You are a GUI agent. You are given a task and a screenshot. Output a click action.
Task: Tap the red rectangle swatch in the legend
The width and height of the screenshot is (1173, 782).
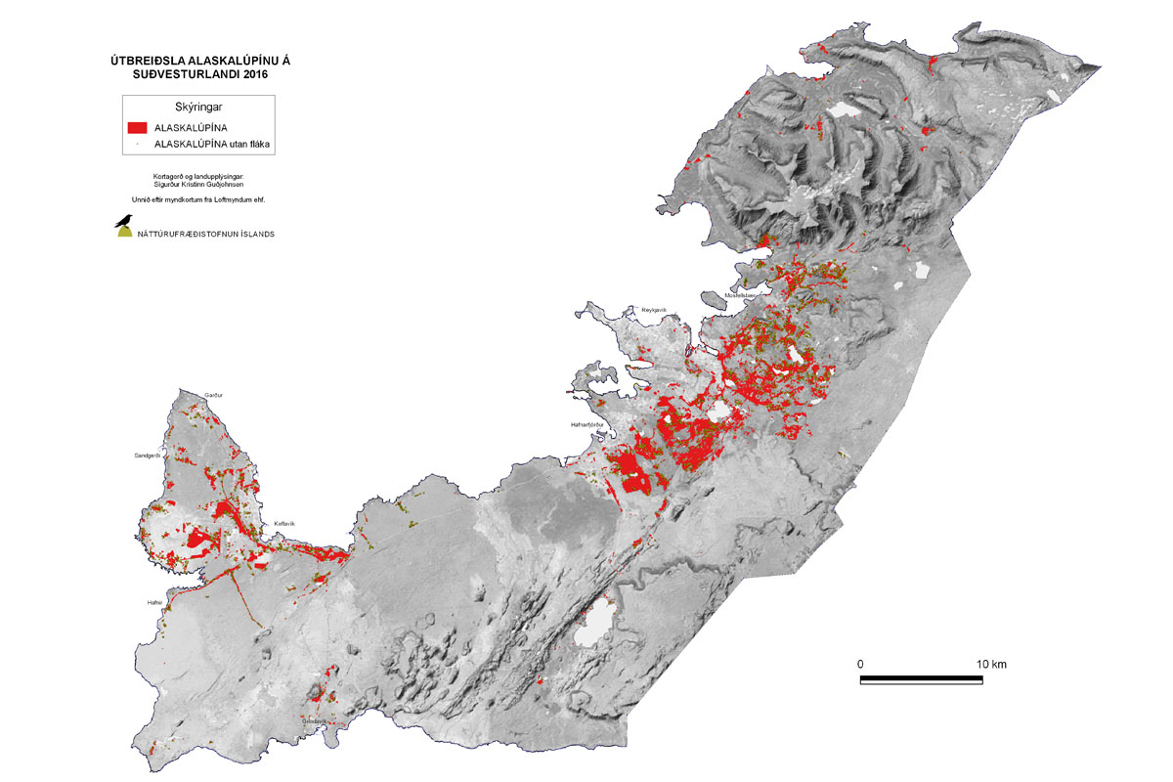(x=137, y=127)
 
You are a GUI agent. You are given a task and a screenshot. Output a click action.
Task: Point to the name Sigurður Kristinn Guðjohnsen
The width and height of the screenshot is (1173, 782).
(x=198, y=183)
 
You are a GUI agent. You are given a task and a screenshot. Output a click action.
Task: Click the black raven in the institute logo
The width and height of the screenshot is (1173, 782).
(x=123, y=221)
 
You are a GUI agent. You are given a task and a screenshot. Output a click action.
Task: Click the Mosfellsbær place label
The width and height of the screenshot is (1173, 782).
(x=743, y=294)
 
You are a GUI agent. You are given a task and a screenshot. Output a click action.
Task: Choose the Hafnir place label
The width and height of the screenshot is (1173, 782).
(x=153, y=602)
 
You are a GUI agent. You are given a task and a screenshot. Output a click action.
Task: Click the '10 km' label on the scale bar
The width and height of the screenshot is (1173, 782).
(x=991, y=665)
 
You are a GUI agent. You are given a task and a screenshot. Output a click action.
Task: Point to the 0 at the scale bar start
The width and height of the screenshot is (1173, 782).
(x=861, y=665)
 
